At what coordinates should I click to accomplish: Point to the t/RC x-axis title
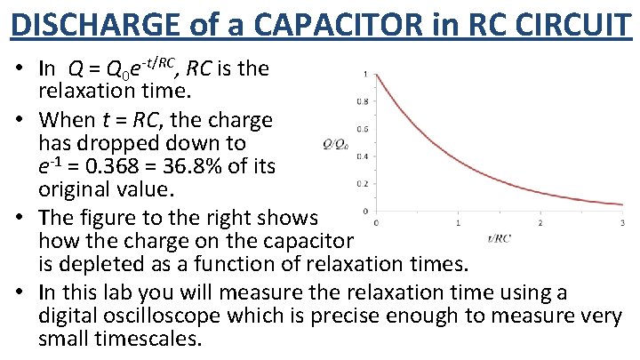pos(498,237)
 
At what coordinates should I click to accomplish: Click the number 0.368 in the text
pos(116,166)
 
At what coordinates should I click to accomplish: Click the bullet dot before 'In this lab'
pos(19,292)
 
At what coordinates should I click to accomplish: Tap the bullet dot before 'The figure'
pos(19,218)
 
